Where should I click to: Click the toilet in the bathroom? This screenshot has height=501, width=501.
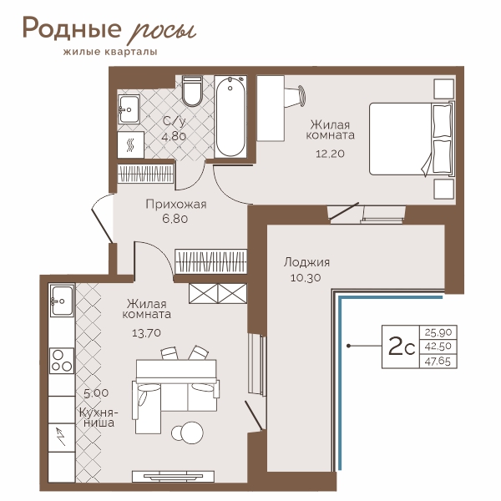tap(192, 91)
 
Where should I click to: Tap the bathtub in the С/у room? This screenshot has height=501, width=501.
tap(230, 116)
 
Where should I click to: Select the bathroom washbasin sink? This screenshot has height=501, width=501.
tap(129, 109)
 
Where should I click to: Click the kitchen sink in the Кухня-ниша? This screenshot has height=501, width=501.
tap(61, 301)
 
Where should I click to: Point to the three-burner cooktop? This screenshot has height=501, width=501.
tap(62, 361)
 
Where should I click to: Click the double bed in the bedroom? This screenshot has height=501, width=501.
tap(412, 139)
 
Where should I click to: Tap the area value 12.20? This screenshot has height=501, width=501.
tap(330, 154)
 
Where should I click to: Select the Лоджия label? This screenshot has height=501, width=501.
tap(306, 262)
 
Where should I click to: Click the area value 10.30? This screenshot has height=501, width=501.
tap(306, 278)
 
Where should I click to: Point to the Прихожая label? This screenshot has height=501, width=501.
tap(176, 205)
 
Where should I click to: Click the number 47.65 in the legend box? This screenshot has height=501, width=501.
tap(438, 362)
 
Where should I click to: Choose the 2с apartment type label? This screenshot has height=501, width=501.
tap(402, 347)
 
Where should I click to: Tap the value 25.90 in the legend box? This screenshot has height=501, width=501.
tap(438, 332)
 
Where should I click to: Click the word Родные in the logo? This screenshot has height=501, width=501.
tap(72, 29)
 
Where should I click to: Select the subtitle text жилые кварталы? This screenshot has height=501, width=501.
tap(110, 52)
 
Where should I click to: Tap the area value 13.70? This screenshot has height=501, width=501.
tap(146, 333)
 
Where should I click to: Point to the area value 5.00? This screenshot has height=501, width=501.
tap(96, 393)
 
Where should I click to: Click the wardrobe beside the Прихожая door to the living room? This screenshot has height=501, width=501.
tap(211, 261)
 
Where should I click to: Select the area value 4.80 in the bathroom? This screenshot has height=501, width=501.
tap(174, 137)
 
